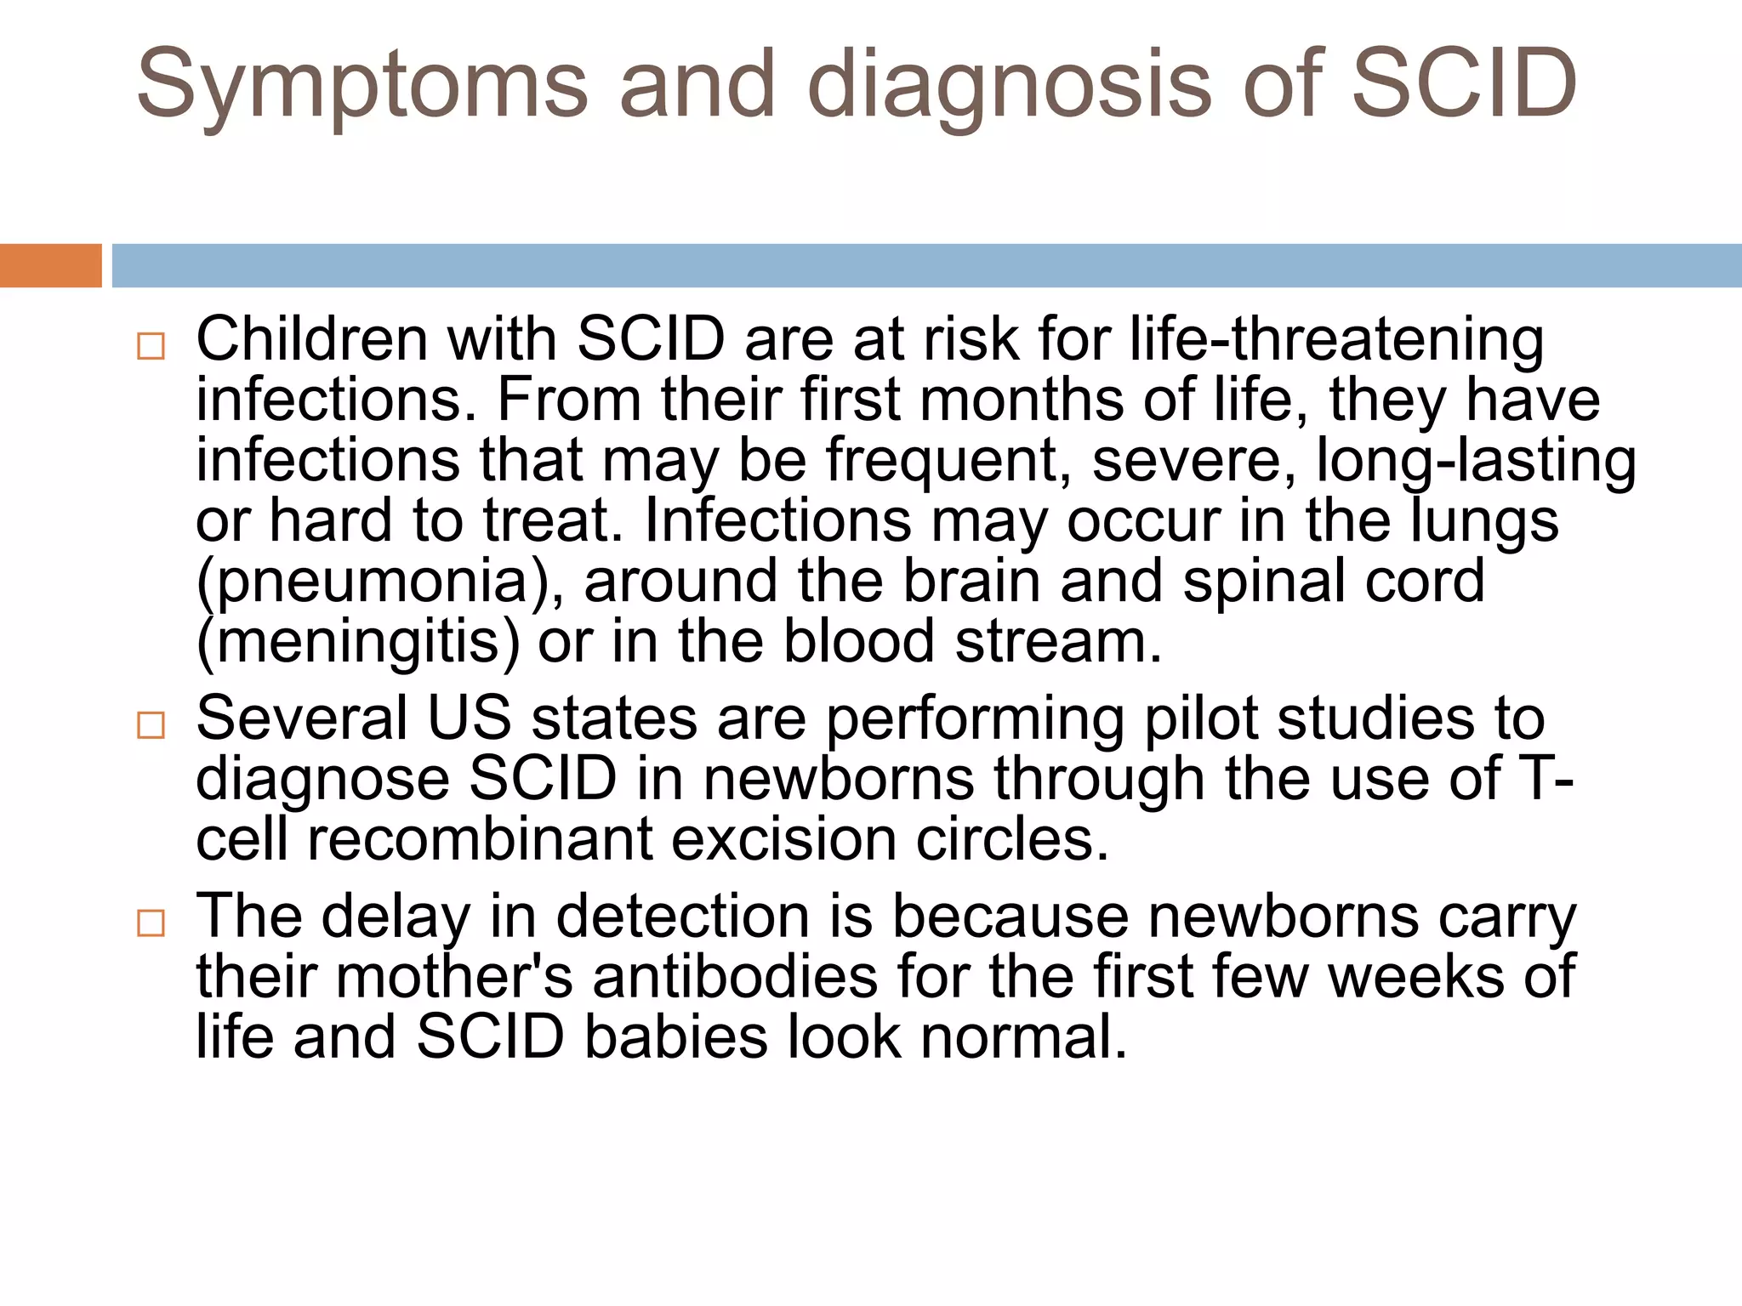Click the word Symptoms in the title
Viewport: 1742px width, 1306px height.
(x=361, y=85)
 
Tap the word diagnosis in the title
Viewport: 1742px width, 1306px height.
(x=1009, y=85)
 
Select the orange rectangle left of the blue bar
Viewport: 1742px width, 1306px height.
(x=50, y=265)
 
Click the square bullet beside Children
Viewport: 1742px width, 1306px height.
(x=151, y=346)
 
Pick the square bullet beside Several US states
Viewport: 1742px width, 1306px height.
(x=151, y=725)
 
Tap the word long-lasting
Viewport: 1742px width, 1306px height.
(x=1476, y=460)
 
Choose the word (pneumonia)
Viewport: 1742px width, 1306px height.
(x=379, y=582)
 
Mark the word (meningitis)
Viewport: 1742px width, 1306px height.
(x=357, y=642)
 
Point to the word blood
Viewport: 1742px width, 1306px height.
(x=858, y=642)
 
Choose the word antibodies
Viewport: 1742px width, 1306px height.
(x=735, y=977)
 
